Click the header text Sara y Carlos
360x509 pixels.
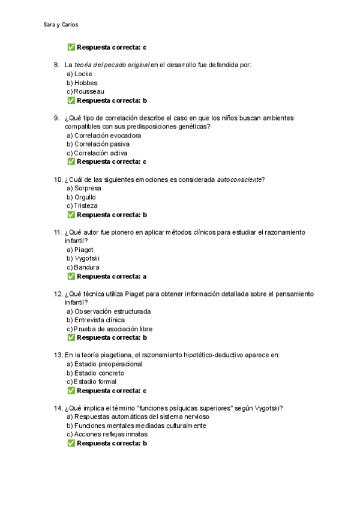pyautogui.click(x=61, y=25)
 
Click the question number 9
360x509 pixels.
pyautogui.click(x=56, y=118)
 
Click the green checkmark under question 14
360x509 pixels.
pyautogui.click(x=71, y=443)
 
